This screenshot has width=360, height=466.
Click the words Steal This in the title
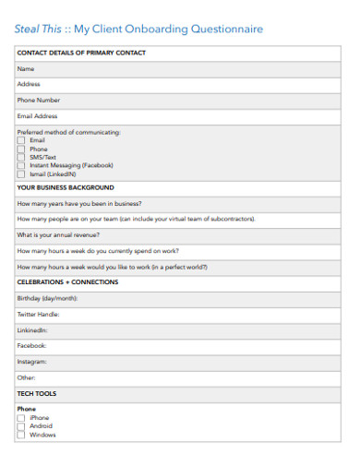(35, 30)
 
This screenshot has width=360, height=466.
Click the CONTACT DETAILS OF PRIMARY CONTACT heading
(81, 54)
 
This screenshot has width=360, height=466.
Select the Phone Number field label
(39, 100)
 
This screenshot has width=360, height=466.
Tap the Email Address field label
(38, 116)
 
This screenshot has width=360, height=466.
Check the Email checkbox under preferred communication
(21, 140)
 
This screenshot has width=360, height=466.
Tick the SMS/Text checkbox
(21, 157)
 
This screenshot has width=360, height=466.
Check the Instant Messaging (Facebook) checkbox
(21, 165)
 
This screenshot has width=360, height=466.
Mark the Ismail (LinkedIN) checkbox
(21, 173)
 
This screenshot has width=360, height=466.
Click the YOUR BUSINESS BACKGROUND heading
(65, 187)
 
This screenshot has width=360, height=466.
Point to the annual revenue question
(57, 234)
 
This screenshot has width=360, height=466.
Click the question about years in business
(79, 203)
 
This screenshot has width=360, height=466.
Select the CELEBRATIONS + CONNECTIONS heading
(67, 282)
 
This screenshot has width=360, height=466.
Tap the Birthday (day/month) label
(47, 298)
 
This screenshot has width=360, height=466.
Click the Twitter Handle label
(39, 314)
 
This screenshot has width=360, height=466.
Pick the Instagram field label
(32, 362)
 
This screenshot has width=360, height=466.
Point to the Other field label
(27, 377)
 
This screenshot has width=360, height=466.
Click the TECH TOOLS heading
(37, 393)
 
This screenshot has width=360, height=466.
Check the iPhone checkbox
(21, 418)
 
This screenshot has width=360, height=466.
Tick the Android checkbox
(21, 426)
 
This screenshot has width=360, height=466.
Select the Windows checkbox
(21, 435)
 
